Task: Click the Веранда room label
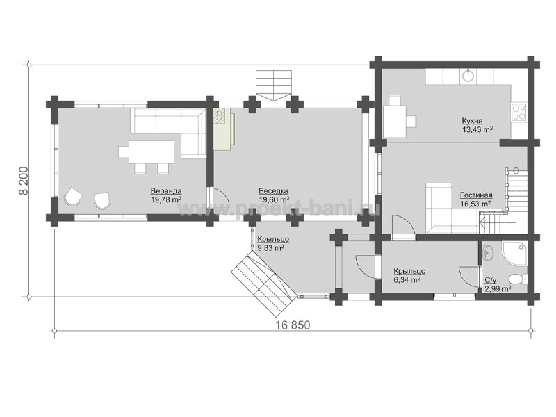tap(166, 191)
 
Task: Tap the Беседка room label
tap(273, 191)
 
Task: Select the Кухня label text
tap(472, 121)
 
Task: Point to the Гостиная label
tap(476, 195)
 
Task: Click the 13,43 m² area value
tap(477, 129)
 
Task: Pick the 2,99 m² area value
tap(498, 288)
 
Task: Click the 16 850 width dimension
tap(293, 325)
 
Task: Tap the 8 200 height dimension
tap(24, 181)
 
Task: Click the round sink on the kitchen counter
tap(468, 75)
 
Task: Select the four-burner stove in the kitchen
tap(518, 111)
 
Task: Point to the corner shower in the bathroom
tap(514, 253)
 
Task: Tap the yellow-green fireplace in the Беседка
tap(223, 129)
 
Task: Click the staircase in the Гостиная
tap(503, 200)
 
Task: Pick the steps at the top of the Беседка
tap(274, 85)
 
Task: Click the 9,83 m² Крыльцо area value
tap(270, 248)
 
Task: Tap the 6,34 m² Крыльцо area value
tap(407, 279)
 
